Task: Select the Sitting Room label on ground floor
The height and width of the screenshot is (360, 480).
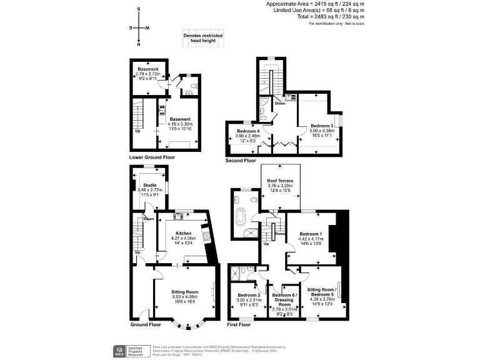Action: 184,292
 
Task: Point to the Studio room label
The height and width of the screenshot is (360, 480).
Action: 149,186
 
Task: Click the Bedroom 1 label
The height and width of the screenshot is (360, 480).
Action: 310,231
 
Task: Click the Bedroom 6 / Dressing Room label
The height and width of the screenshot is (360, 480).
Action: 284,300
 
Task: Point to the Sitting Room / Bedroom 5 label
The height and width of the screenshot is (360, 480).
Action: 322,291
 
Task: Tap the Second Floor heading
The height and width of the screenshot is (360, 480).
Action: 241,161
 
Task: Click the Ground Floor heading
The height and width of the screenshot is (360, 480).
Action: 146,324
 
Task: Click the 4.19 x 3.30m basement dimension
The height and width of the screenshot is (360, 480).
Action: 181,124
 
